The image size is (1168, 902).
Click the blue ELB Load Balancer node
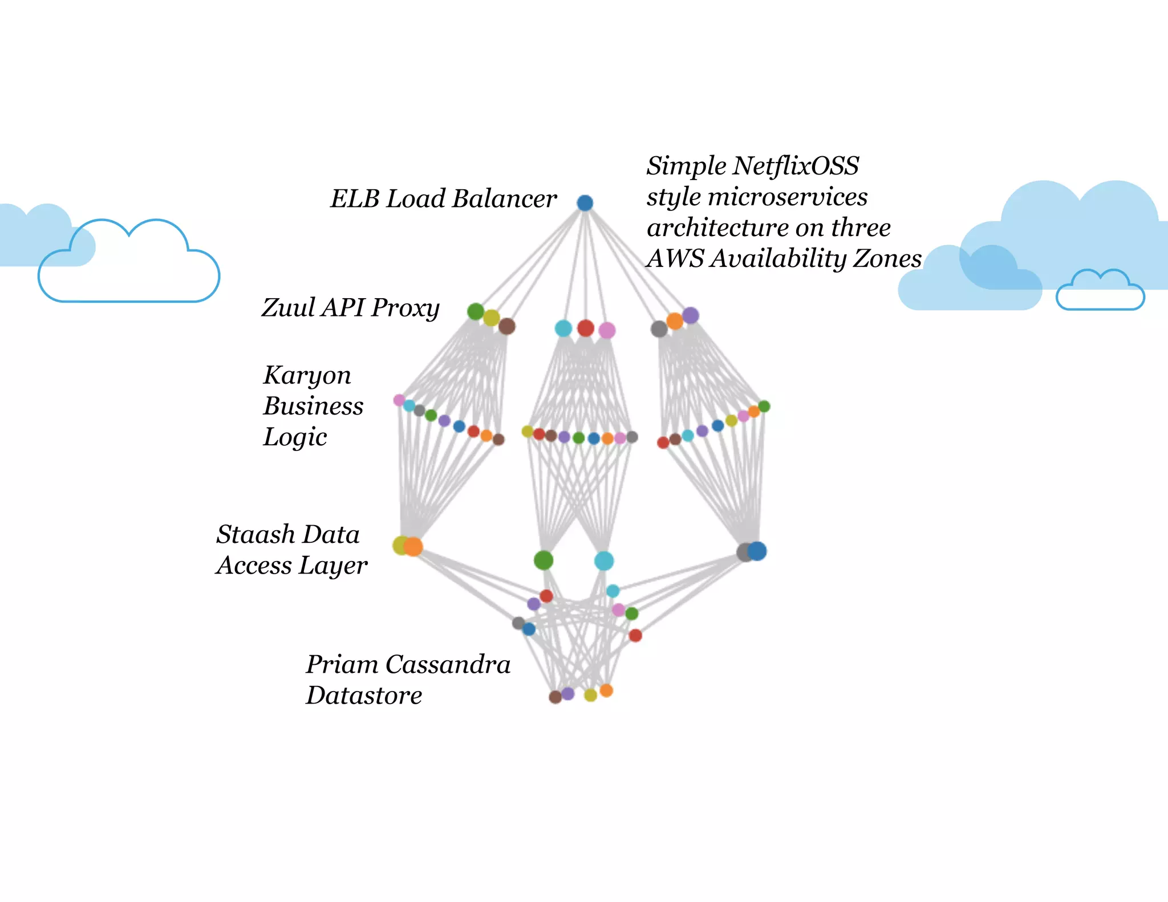(585, 203)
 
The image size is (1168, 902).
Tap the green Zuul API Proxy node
(476, 311)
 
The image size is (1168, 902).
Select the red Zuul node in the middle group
(586, 328)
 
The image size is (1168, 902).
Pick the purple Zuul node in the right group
(691, 315)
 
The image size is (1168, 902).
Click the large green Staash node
(544, 560)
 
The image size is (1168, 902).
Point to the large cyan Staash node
(604, 561)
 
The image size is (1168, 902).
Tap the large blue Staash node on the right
(757, 551)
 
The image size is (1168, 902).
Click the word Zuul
(289, 308)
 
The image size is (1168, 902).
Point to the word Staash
(255, 535)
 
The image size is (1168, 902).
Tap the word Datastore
(364, 696)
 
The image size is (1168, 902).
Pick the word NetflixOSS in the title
(796, 166)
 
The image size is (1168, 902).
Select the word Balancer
(504, 199)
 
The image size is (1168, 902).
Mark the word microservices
(788, 197)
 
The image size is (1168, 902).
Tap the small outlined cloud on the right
(1100, 292)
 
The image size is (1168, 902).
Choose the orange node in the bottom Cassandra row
(606, 690)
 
